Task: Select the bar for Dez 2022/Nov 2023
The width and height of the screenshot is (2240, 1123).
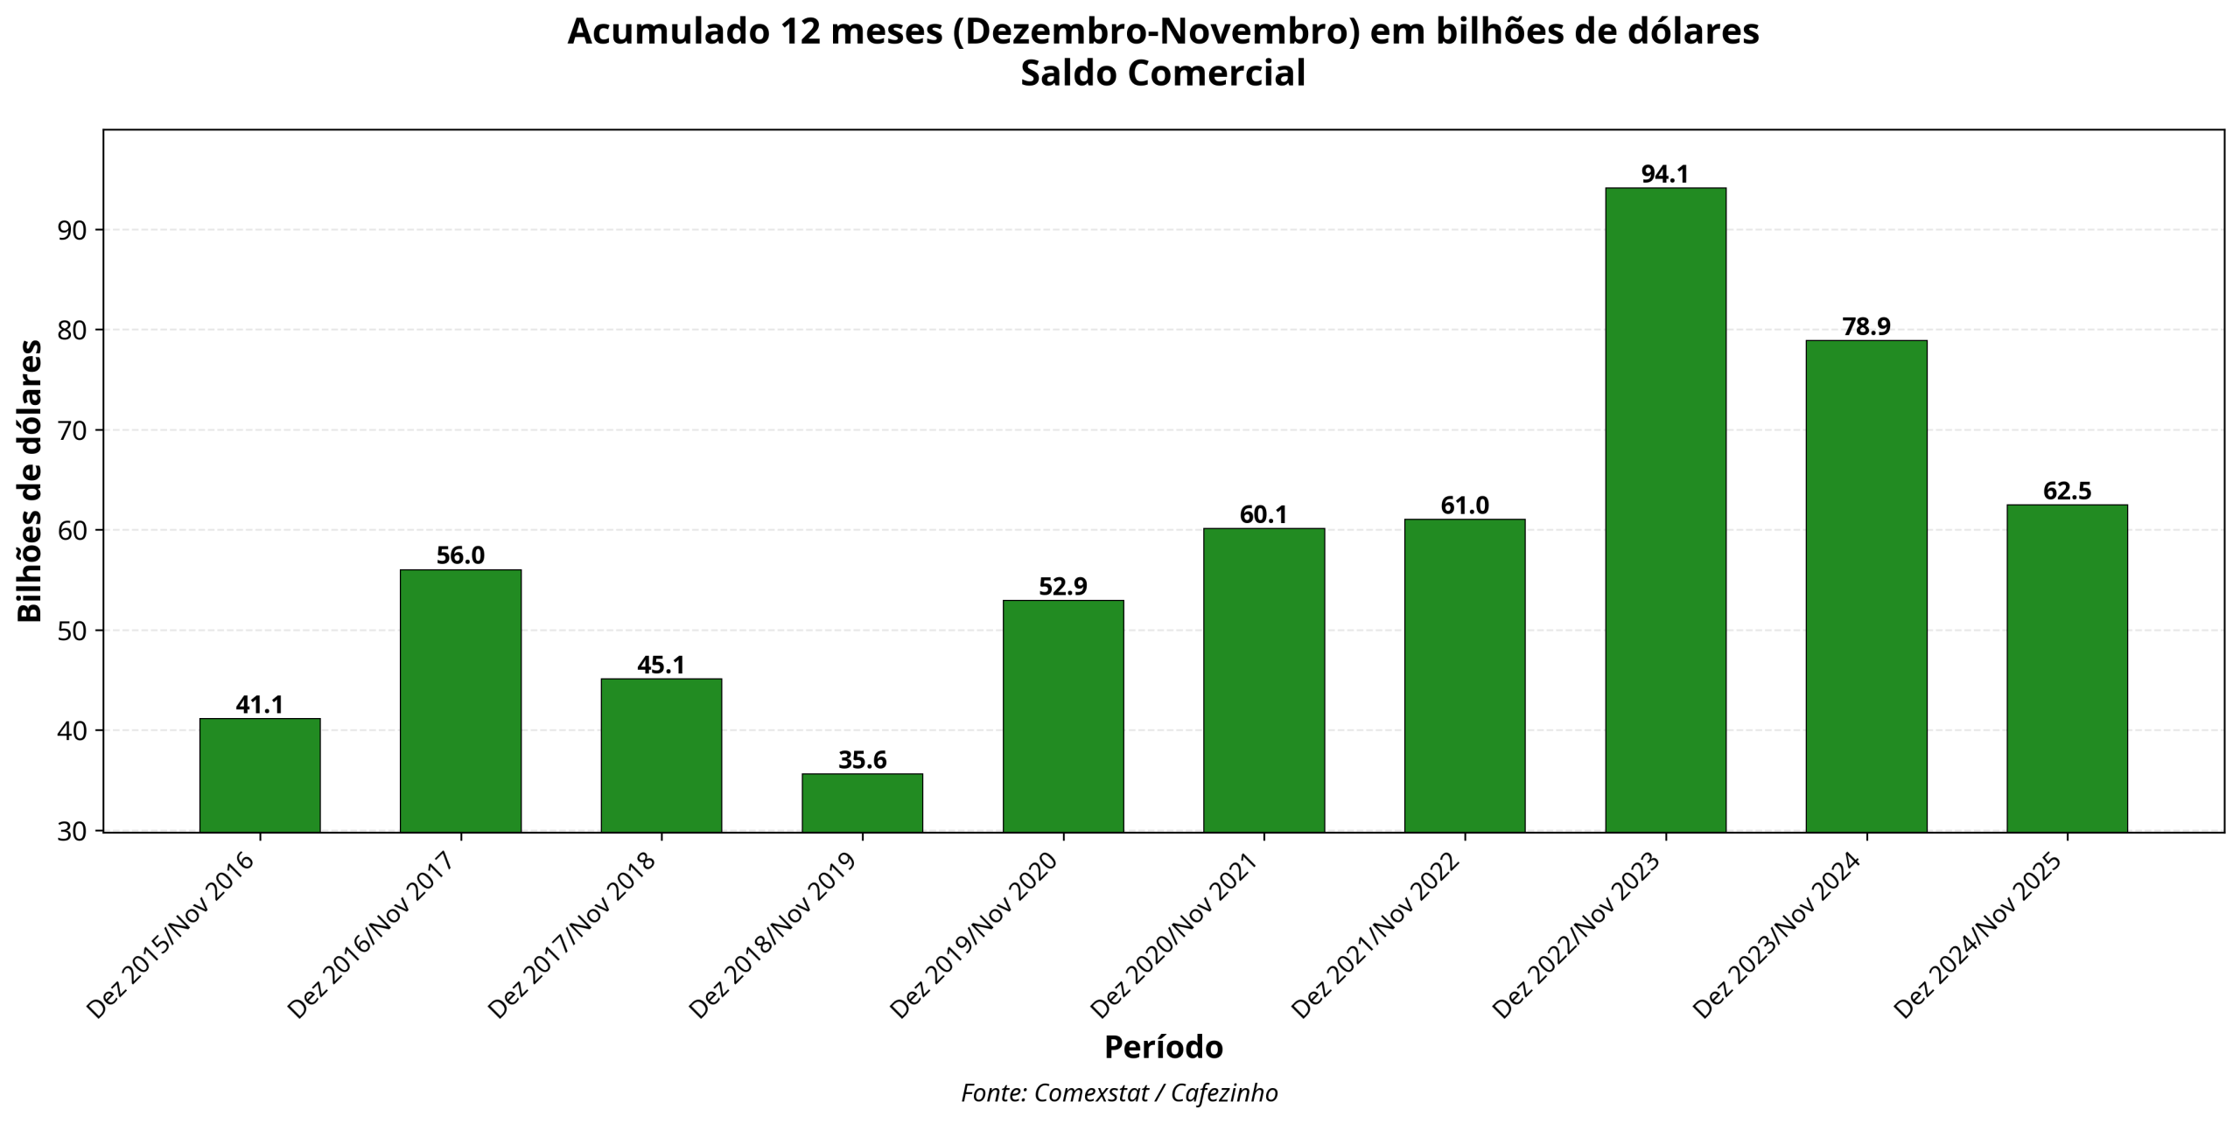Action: (x=1665, y=509)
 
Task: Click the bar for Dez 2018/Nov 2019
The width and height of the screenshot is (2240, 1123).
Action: (x=862, y=802)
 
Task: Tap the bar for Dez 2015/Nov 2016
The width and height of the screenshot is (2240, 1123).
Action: (x=260, y=774)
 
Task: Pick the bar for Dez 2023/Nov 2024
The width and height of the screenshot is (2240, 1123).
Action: (x=1866, y=585)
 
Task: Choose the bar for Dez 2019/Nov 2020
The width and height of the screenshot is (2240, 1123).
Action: (x=1063, y=715)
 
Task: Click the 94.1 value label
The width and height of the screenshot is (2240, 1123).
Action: (x=1665, y=174)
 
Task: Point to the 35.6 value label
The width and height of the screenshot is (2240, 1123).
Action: (x=862, y=760)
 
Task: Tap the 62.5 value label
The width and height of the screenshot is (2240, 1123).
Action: (x=2067, y=491)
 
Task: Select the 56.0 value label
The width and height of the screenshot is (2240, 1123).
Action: (x=460, y=555)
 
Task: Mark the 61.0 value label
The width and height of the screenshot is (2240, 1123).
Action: (x=1465, y=506)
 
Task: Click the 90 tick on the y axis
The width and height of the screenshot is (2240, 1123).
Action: (x=73, y=230)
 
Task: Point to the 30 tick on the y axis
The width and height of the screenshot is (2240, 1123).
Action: (x=73, y=831)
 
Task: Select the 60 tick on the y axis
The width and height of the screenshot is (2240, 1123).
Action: (x=73, y=530)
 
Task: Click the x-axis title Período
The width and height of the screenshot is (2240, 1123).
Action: (x=1163, y=1047)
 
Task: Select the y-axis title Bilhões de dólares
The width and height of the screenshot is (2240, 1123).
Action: (x=31, y=481)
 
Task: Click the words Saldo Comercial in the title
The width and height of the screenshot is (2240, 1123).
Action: (x=1163, y=73)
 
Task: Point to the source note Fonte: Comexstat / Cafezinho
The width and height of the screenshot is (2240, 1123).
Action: (x=1119, y=1093)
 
